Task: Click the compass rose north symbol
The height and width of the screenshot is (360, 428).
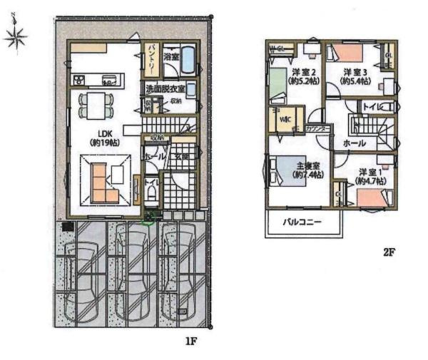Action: click(x=15, y=36)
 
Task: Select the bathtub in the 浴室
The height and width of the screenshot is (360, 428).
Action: click(x=186, y=61)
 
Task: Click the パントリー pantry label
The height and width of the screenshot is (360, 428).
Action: click(x=153, y=58)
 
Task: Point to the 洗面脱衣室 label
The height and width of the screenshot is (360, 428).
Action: click(x=165, y=89)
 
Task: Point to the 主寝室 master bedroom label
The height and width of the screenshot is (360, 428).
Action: click(x=308, y=171)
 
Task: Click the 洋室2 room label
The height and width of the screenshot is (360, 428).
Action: click(x=304, y=77)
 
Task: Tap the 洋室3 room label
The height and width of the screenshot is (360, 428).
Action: click(x=355, y=77)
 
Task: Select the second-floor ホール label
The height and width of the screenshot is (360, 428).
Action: click(x=355, y=143)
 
